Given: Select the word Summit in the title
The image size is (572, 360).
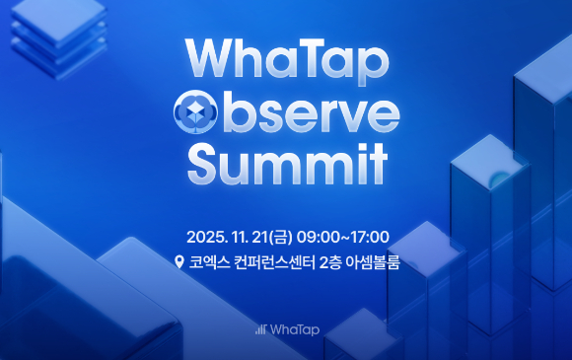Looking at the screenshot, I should (x=286, y=164).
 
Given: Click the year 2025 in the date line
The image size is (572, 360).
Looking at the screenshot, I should (x=207, y=237).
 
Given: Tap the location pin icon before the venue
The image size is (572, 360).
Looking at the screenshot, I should (x=179, y=262).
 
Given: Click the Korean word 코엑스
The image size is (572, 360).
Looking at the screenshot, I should (x=210, y=262).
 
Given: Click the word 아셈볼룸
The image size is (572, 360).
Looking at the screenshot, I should (x=380, y=262).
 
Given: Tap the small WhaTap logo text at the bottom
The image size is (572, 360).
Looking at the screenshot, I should (x=293, y=328).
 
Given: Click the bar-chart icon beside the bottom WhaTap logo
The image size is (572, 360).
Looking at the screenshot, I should (x=260, y=328).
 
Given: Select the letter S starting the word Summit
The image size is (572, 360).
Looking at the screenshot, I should (x=205, y=164).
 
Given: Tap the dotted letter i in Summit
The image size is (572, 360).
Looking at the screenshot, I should (x=359, y=162).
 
